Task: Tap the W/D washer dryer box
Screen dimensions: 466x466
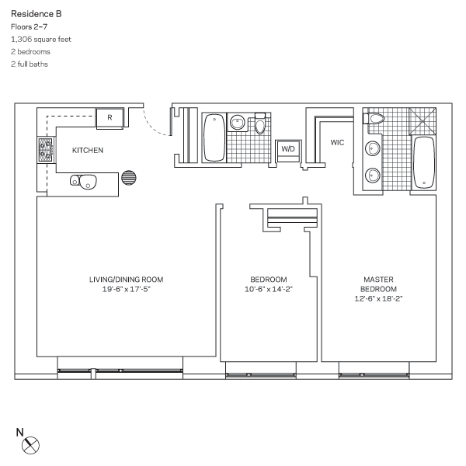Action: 288,148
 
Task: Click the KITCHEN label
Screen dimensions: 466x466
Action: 88,150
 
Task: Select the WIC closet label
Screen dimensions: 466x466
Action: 337,143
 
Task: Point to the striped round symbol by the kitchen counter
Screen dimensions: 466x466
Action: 129,177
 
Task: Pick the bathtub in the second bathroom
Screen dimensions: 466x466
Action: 213,137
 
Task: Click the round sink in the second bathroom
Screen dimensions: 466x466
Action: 238,122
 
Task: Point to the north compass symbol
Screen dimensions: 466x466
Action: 32,445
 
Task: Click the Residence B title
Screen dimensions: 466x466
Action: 37,13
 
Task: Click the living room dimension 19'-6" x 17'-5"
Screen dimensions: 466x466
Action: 115,289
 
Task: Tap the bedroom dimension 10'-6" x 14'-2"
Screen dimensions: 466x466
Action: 269,289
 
